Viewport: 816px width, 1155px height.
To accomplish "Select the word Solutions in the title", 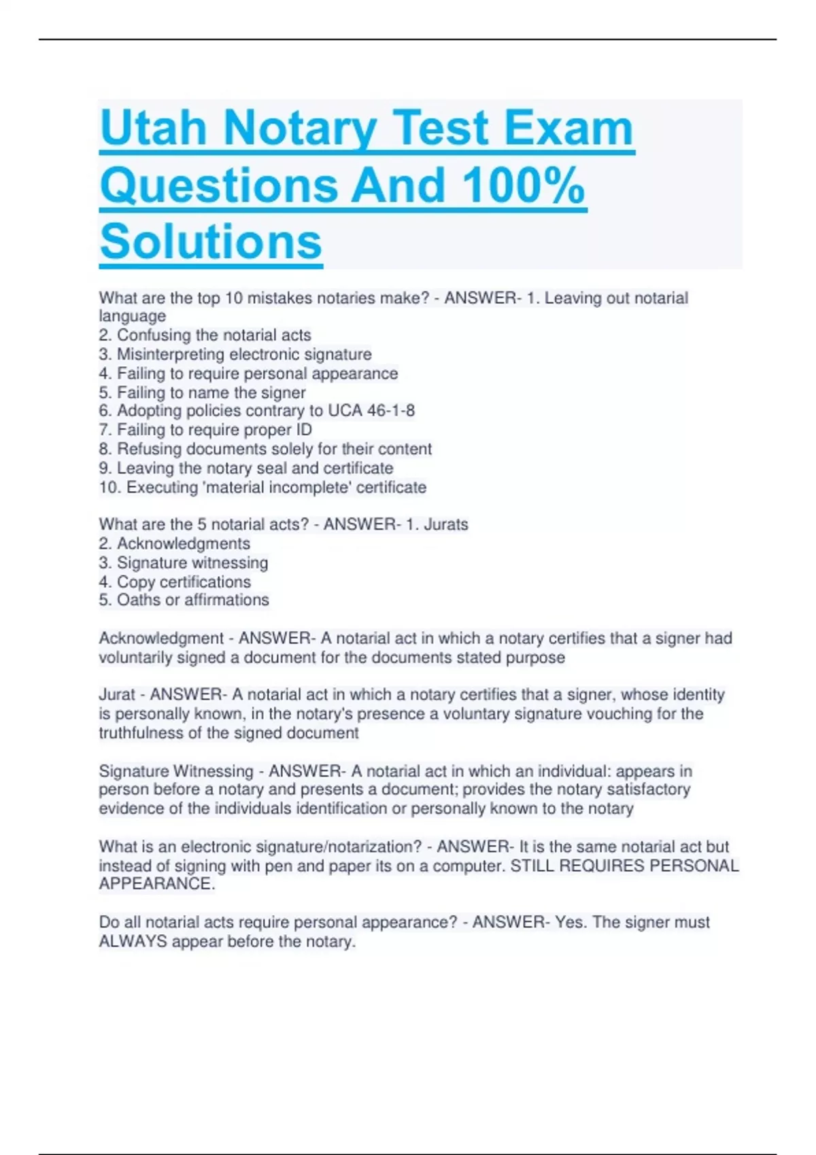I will [x=211, y=242].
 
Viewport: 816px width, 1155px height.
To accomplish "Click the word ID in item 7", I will [x=303, y=429].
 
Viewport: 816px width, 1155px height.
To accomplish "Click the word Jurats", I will [x=445, y=525].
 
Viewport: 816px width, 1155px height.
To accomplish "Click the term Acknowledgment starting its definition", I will [x=161, y=639].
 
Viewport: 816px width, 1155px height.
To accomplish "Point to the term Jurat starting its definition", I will [x=117, y=695].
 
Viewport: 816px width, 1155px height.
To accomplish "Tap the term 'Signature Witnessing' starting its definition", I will [x=176, y=771].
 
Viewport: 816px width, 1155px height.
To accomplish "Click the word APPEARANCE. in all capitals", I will [x=157, y=884].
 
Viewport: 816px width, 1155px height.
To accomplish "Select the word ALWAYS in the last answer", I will [x=133, y=942].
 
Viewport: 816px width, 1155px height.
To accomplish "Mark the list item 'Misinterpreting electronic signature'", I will [x=244, y=354].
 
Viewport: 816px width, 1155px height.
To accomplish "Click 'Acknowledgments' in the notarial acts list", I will [x=183, y=544].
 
